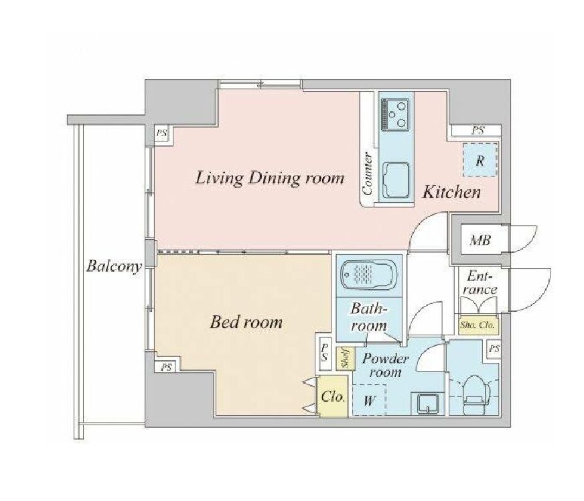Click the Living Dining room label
click(x=270, y=178)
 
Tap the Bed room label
click(x=246, y=322)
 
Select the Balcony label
click(x=114, y=267)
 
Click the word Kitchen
click(x=452, y=192)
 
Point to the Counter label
click(x=368, y=173)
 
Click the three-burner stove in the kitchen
click(x=394, y=114)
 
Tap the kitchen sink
click(x=396, y=181)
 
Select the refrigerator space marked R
click(x=480, y=160)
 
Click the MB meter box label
click(x=480, y=240)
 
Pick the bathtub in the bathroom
click(x=369, y=275)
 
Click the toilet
click(x=474, y=394)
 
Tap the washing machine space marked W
click(x=369, y=400)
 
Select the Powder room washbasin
click(x=427, y=404)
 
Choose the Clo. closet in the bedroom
click(x=333, y=396)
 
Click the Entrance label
click(x=480, y=283)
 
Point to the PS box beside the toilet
click(x=494, y=349)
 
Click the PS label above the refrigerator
click(x=478, y=131)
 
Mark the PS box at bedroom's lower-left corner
click(x=167, y=367)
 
